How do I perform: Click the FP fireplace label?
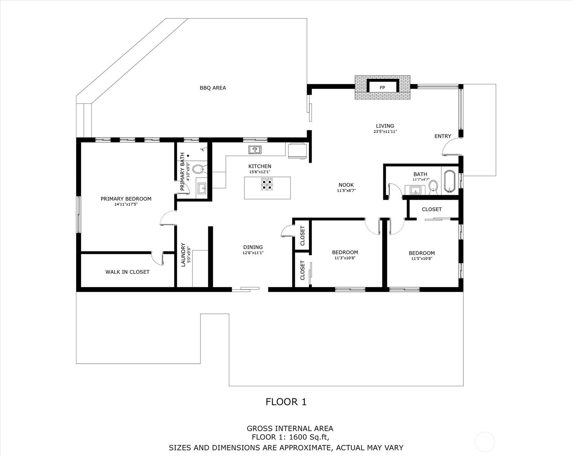(x=382, y=88)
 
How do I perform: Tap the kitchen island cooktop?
(x=267, y=184)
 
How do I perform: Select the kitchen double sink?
(x=255, y=150)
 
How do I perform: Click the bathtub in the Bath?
(x=450, y=181)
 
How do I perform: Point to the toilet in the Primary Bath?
(x=198, y=169)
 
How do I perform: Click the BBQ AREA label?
(x=213, y=88)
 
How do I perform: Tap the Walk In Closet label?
(x=127, y=272)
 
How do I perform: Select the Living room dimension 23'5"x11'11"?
(x=385, y=131)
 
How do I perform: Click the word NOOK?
(x=346, y=185)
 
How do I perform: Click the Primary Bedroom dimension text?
(x=126, y=204)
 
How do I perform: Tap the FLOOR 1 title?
(x=286, y=402)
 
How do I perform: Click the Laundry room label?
(x=183, y=255)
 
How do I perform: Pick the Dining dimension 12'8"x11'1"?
(x=253, y=253)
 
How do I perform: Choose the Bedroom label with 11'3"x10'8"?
(x=345, y=252)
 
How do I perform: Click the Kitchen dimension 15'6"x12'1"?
(x=260, y=172)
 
